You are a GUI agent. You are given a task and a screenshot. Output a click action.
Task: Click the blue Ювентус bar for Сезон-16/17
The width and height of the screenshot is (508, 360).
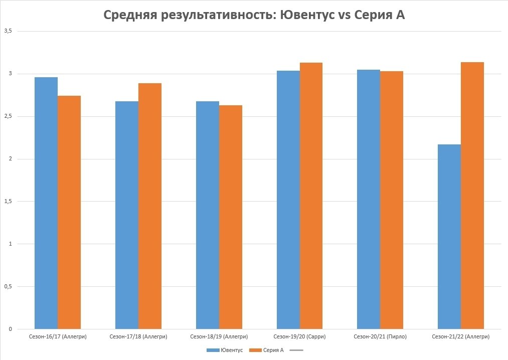pyautogui.click(x=46, y=203)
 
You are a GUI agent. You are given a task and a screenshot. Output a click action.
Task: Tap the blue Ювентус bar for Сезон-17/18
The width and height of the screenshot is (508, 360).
pyautogui.click(x=127, y=215)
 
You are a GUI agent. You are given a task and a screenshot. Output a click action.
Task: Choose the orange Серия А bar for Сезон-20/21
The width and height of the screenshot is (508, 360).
pyautogui.click(x=392, y=200)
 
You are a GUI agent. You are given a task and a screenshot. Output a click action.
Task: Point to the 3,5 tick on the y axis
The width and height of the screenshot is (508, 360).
pyautogui.click(x=8, y=31)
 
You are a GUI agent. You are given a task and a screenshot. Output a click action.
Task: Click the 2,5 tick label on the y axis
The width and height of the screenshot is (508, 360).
pyautogui.click(x=8, y=116)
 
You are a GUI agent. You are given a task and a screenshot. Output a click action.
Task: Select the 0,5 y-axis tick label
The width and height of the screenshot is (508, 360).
pyautogui.click(x=8, y=286)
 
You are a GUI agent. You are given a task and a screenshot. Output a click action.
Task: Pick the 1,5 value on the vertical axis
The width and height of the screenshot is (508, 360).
pyautogui.click(x=8, y=202)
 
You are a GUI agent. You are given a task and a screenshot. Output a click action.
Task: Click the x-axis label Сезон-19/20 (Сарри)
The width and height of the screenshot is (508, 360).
pyautogui.click(x=299, y=336)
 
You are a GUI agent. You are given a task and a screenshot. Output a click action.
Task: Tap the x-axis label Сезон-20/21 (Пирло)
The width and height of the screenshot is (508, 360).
pyautogui.click(x=380, y=336)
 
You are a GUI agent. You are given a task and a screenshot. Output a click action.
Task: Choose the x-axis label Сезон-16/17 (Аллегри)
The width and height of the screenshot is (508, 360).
pyautogui.click(x=58, y=336)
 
